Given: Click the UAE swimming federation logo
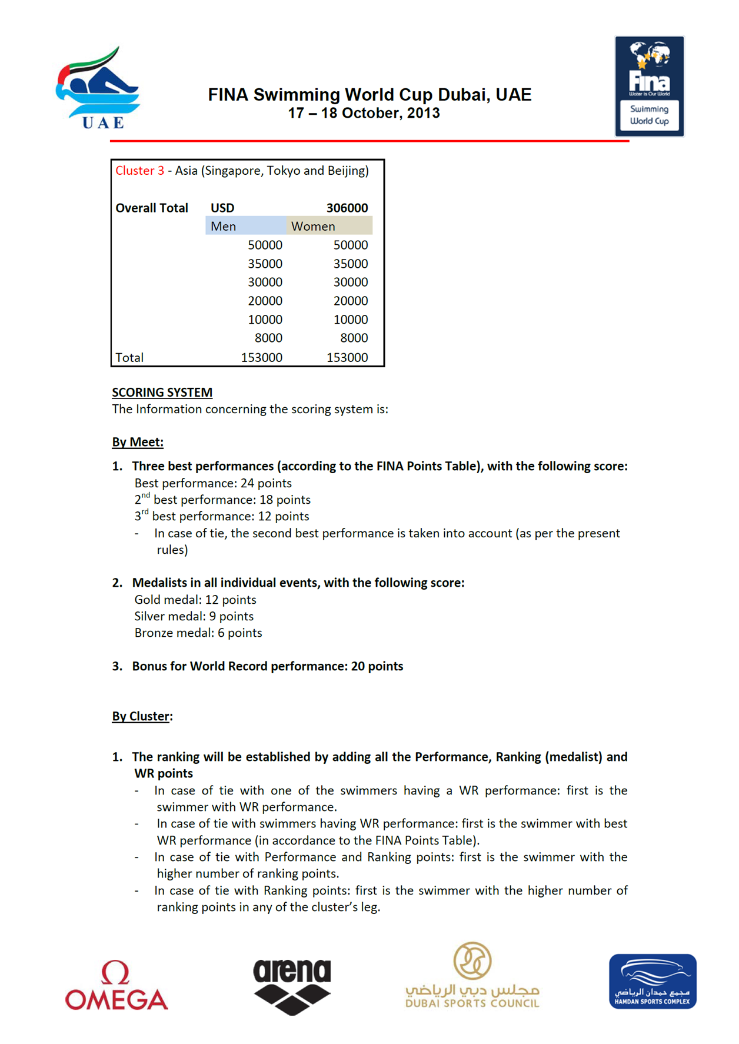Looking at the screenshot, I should [x=98, y=88].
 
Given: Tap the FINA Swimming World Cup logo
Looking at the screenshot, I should [x=650, y=86].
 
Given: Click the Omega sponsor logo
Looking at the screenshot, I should [x=116, y=985].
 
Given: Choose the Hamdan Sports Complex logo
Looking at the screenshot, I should [x=653, y=981].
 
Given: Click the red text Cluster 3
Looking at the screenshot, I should [x=139, y=171].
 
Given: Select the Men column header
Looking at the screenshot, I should [x=224, y=226].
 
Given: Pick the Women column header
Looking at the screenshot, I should [x=313, y=226].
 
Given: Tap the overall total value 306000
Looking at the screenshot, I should [x=347, y=208].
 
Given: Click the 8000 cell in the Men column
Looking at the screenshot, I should [x=268, y=338].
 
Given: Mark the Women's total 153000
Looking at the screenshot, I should [x=347, y=357].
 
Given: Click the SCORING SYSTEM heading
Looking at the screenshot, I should [x=162, y=393].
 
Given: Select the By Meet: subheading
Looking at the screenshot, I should [x=138, y=442].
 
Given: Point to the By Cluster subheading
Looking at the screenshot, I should [x=142, y=716].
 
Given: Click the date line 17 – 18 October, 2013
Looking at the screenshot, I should [x=364, y=113].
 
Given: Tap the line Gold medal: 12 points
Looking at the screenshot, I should [x=195, y=600].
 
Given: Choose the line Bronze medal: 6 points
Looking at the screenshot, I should [x=198, y=633].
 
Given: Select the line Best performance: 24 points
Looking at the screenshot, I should [x=213, y=483].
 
